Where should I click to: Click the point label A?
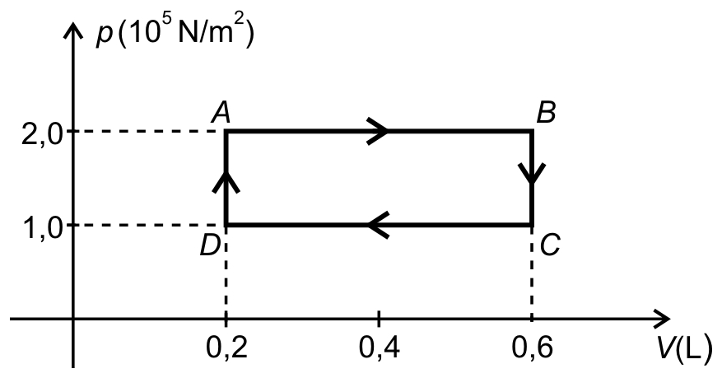pos(221,113)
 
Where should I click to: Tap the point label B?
pos(546,113)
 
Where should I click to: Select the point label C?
pos(550,245)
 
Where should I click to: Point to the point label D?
pos(209,245)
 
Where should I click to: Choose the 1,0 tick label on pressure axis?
pos(42,228)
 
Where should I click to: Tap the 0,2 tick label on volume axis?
pos(226,348)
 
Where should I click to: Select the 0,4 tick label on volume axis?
pos(379,348)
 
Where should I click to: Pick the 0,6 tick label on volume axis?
pos(532,348)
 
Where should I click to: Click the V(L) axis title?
pos(685,349)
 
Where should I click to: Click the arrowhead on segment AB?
pos(378,131)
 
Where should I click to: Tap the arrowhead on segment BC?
pos(532,174)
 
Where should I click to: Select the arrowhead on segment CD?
pos(379,225)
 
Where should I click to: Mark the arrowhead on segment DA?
pos(226,181)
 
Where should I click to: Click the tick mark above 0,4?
pos(379,318)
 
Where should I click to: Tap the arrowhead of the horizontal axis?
pos(661,318)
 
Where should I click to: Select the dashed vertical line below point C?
pos(532,272)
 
